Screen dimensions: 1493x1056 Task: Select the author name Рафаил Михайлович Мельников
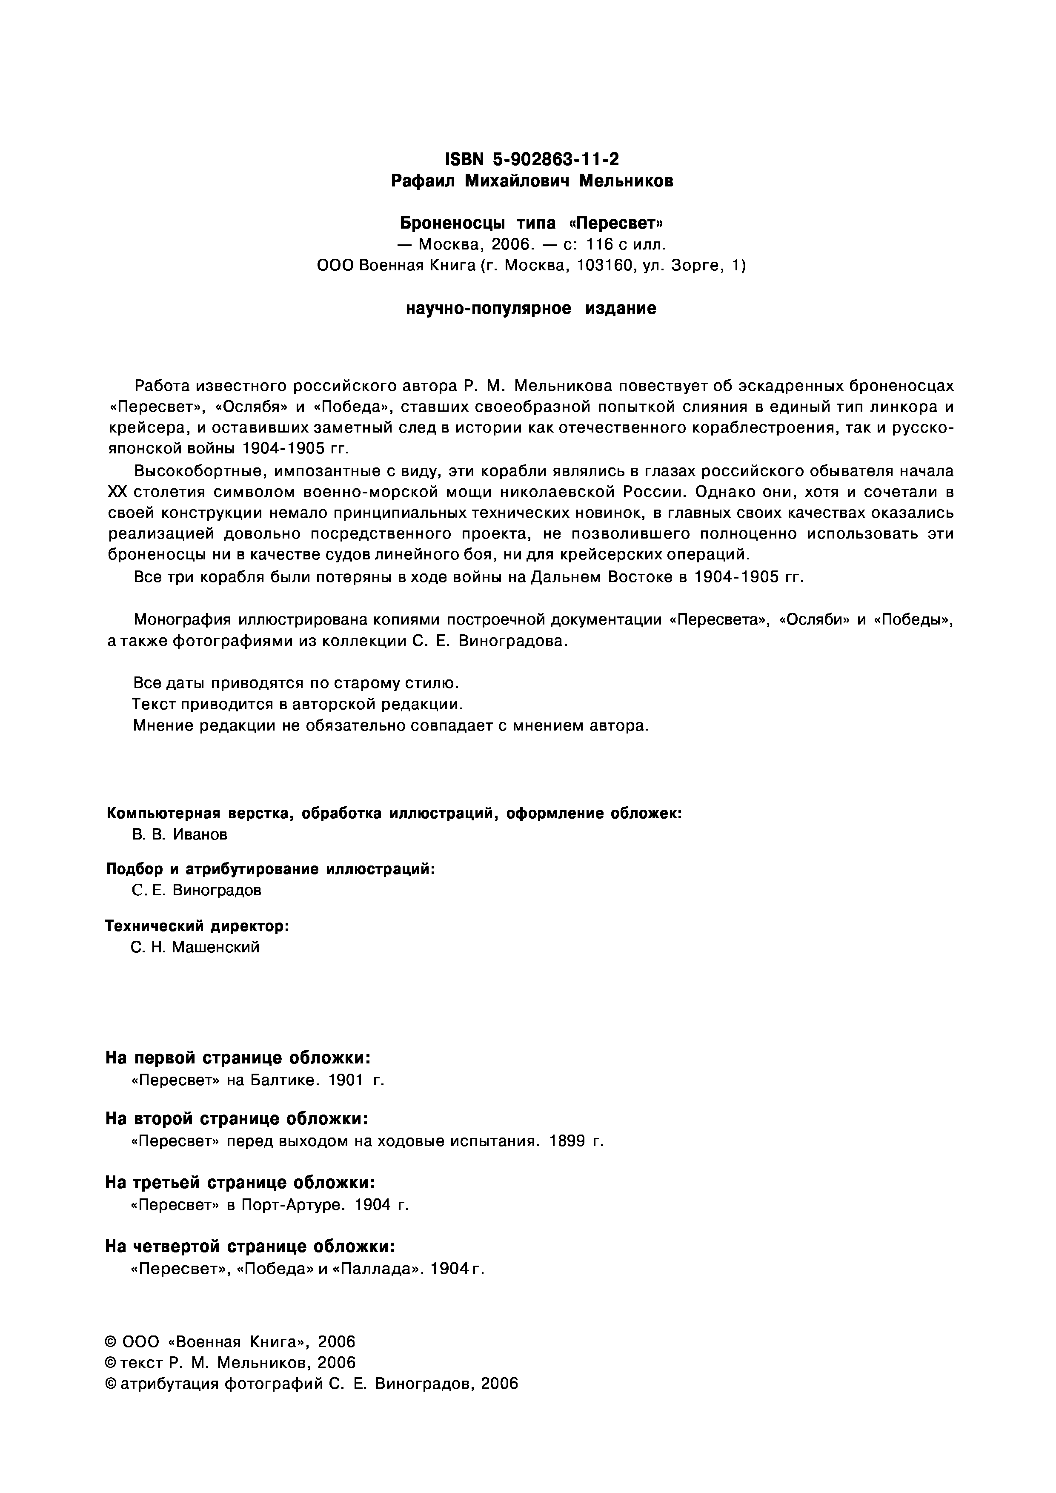tap(532, 181)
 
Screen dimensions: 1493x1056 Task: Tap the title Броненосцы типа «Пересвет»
tap(532, 223)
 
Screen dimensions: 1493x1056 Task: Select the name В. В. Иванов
tap(180, 835)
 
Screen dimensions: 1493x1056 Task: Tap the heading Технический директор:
tap(197, 926)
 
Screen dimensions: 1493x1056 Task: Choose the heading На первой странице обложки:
tap(238, 1058)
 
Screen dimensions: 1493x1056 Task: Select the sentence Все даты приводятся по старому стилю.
tap(297, 683)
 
